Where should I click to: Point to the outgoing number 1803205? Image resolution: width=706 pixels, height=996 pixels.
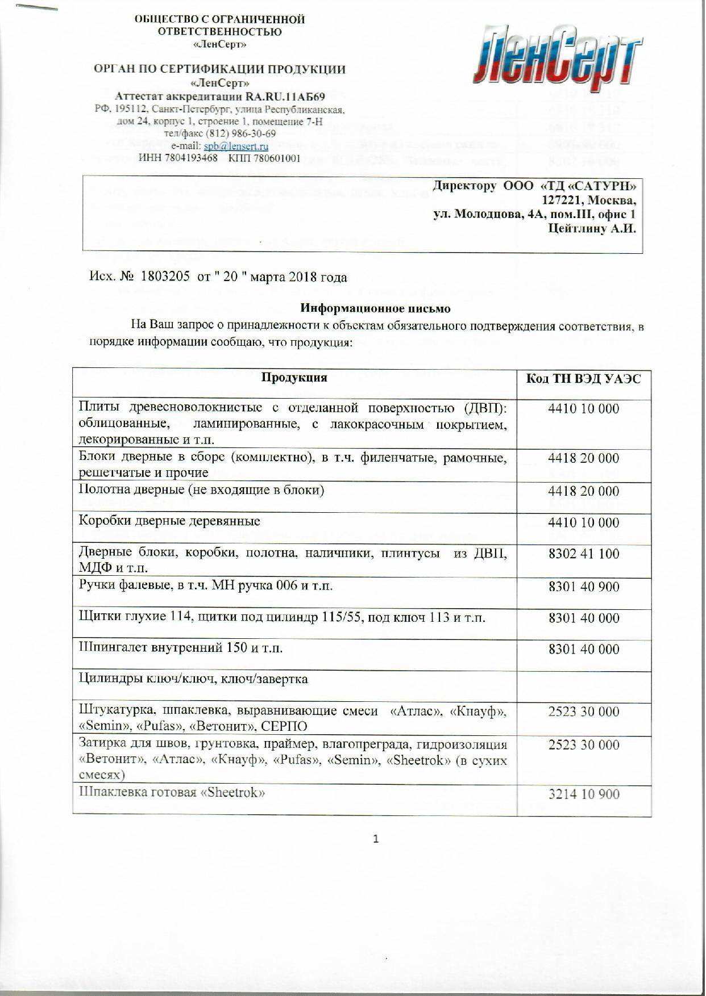pos(167,278)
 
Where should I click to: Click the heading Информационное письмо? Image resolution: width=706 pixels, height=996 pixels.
pos(375,309)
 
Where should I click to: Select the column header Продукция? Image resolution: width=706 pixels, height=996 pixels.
pos(294,378)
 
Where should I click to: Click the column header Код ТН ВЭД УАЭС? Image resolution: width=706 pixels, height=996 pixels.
pos(583,379)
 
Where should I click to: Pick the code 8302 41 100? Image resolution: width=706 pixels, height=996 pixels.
pos(583,554)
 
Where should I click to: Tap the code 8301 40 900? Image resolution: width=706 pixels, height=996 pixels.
pos(583,587)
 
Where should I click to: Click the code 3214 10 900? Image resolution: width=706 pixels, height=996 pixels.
pos(583,794)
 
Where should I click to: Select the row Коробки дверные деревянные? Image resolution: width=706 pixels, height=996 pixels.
pos(169,521)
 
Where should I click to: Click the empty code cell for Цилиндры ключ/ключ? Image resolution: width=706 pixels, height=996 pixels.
pos(583,685)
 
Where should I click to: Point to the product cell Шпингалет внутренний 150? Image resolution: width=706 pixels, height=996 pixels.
pos(180,648)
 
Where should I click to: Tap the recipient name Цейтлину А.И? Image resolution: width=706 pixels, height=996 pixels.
pos(591,229)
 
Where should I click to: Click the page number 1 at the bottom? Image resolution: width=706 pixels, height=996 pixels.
pos(376,839)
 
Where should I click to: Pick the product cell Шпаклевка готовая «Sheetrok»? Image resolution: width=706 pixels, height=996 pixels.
pos(172,793)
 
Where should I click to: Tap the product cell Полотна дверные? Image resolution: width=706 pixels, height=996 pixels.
pos(201,489)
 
